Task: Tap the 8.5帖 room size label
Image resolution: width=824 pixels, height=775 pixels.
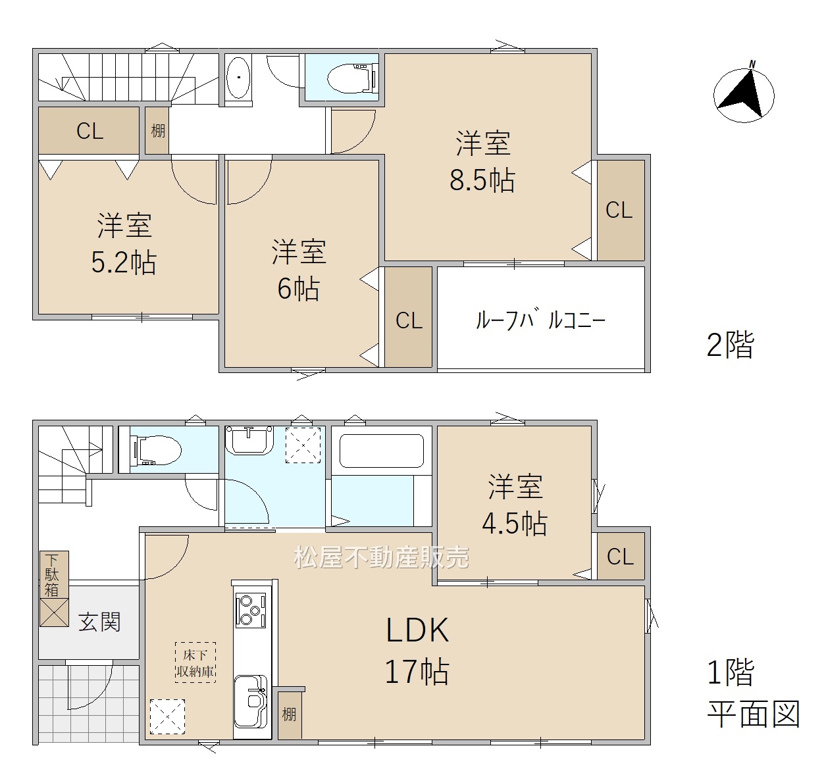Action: (x=482, y=180)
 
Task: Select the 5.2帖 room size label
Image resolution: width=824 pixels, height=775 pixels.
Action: (x=124, y=262)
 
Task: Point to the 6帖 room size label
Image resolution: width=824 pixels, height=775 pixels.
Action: (x=298, y=289)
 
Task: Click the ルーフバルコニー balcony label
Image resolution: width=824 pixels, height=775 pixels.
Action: (x=540, y=320)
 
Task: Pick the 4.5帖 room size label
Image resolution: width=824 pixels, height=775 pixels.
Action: (x=515, y=524)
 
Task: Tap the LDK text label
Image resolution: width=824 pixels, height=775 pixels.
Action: (x=417, y=630)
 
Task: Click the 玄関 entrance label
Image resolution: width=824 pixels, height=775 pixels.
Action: (x=99, y=622)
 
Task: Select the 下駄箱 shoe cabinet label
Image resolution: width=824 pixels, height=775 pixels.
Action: (x=52, y=574)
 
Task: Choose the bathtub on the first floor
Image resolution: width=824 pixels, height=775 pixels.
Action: (x=381, y=451)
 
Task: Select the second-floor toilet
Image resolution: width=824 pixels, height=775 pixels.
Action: (x=353, y=78)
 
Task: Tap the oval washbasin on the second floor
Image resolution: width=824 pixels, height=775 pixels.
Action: (x=238, y=77)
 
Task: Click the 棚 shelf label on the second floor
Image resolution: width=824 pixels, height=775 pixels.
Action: (x=158, y=131)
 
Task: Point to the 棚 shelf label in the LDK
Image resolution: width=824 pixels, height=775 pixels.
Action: (x=289, y=714)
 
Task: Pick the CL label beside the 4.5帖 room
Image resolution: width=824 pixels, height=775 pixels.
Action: (x=620, y=557)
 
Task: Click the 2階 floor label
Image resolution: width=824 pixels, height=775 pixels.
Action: (x=731, y=345)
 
